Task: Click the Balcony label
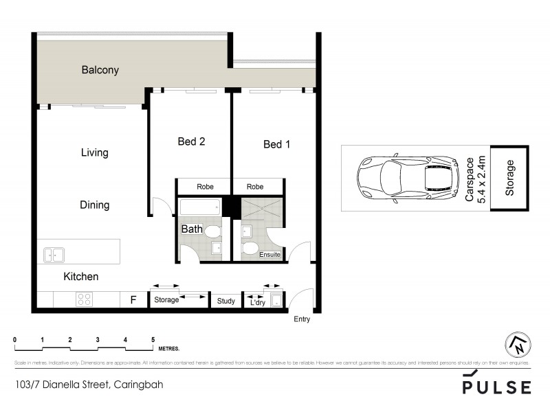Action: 100,69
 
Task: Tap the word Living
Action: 94,152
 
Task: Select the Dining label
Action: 94,205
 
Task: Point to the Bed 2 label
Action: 192,141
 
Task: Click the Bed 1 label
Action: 277,144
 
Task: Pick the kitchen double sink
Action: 54,255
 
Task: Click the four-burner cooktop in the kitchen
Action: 84,299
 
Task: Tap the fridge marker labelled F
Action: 133,299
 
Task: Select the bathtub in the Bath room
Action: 199,207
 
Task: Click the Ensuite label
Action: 269,255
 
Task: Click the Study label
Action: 226,301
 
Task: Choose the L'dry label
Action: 258,301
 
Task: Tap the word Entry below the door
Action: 302,319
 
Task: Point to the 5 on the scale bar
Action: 153,340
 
